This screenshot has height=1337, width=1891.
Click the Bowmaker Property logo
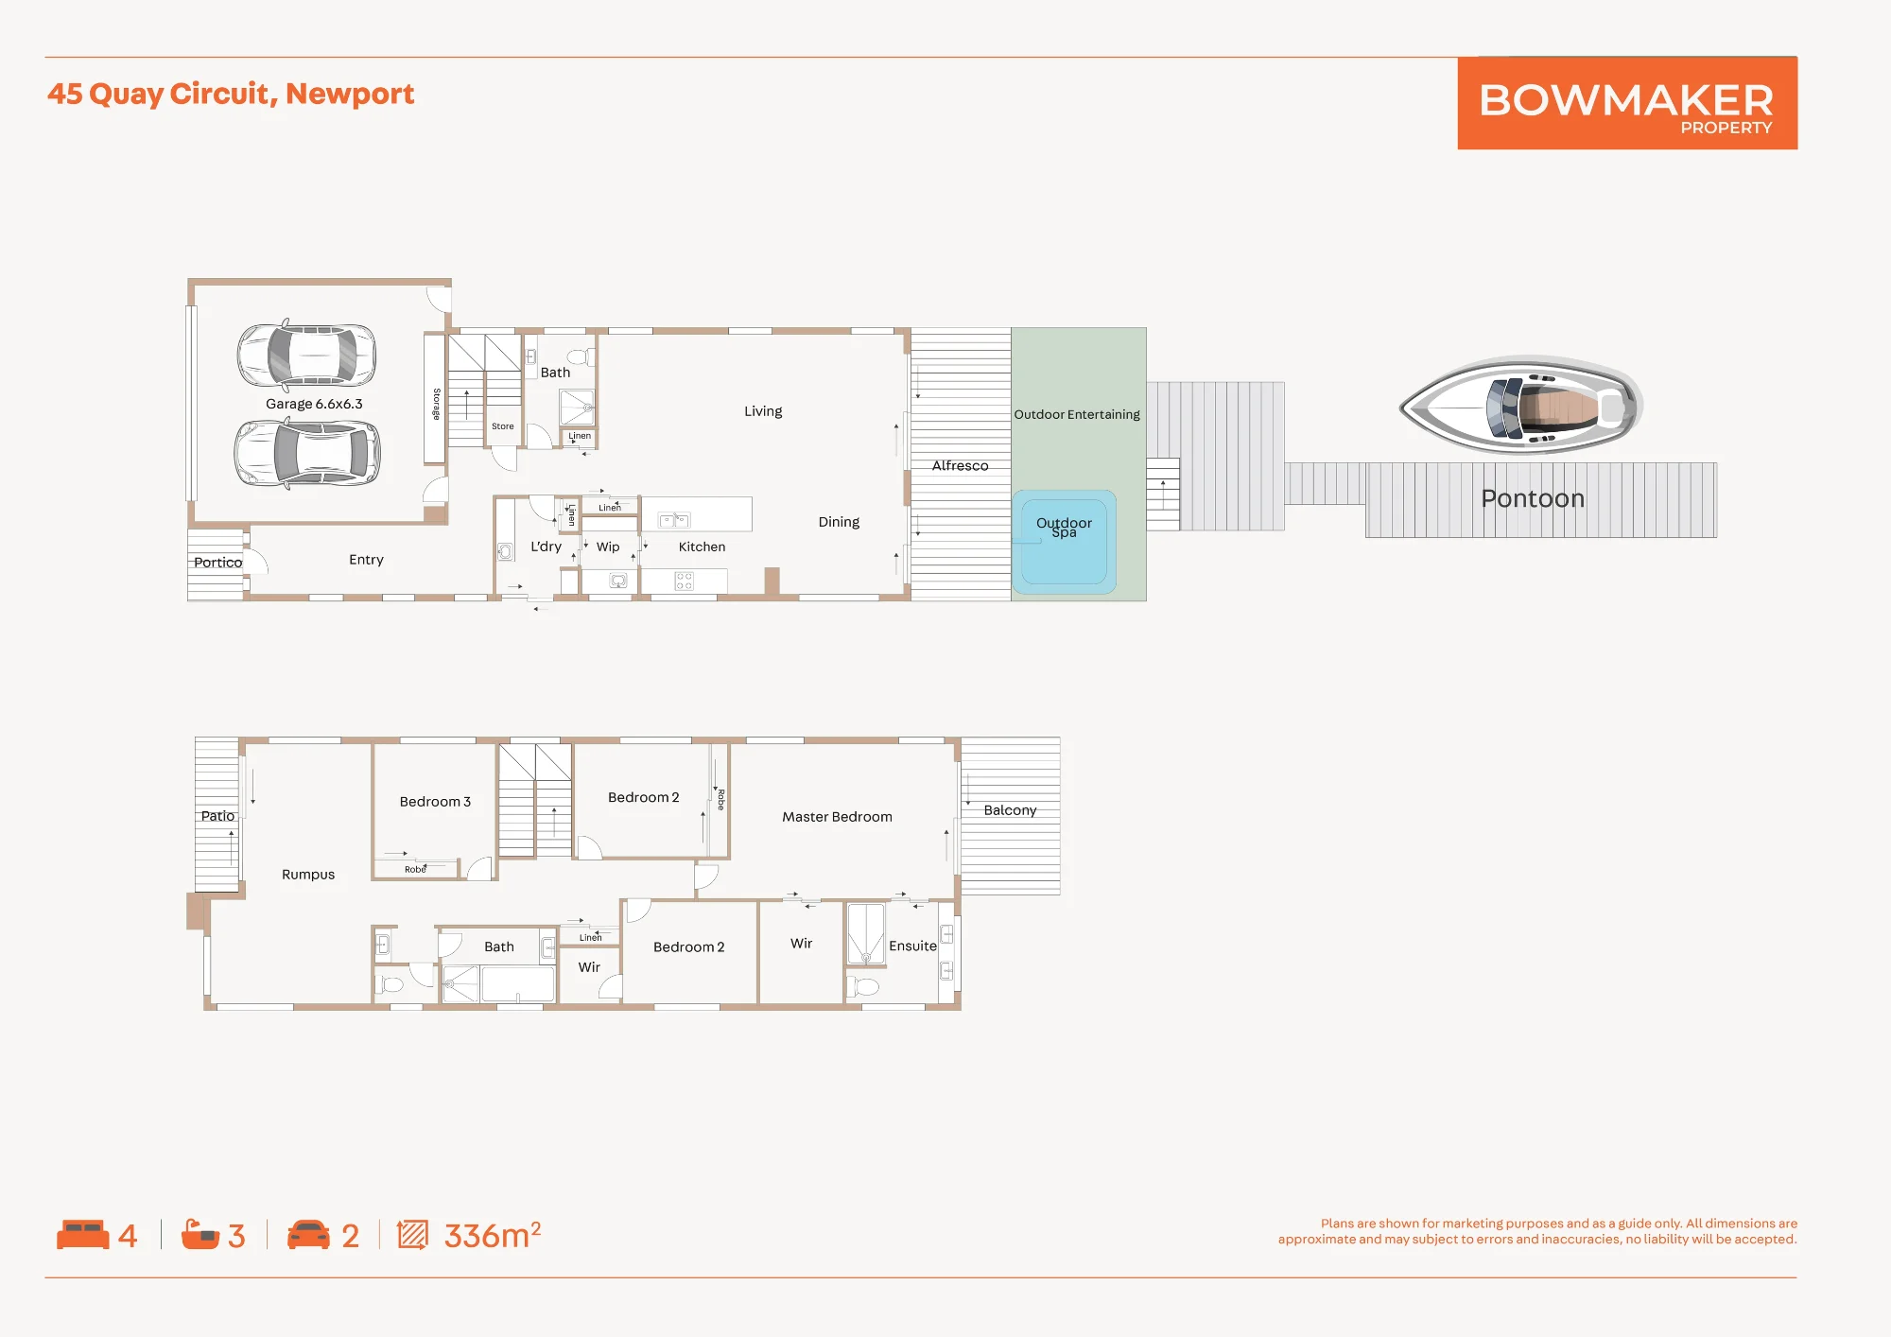[x=1627, y=103]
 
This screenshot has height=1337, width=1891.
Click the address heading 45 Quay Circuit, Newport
[x=231, y=95]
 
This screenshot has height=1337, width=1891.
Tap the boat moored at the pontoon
[x=1520, y=406]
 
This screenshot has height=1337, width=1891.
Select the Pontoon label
[x=1533, y=498]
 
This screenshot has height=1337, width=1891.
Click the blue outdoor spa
[x=1064, y=542]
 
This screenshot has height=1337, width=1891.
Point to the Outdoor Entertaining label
[x=1077, y=414]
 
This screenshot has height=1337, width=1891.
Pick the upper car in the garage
[x=306, y=355]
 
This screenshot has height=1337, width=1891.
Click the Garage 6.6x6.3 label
[x=314, y=404]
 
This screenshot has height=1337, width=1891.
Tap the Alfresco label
[x=960, y=465]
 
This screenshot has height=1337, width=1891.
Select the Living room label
[x=763, y=411]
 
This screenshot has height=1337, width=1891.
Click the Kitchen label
[x=702, y=547]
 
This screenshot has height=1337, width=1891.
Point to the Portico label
[x=217, y=563]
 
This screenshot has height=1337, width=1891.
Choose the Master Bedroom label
[x=837, y=817]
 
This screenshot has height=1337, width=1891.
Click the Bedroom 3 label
[x=435, y=802]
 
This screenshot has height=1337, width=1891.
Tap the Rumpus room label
[x=308, y=875]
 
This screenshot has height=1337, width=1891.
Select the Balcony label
[x=1010, y=810]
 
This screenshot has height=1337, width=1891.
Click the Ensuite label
[x=912, y=946]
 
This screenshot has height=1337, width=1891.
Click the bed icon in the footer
[x=83, y=1235]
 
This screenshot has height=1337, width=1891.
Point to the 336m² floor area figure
[x=493, y=1235]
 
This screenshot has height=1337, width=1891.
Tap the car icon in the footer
[x=308, y=1235]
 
